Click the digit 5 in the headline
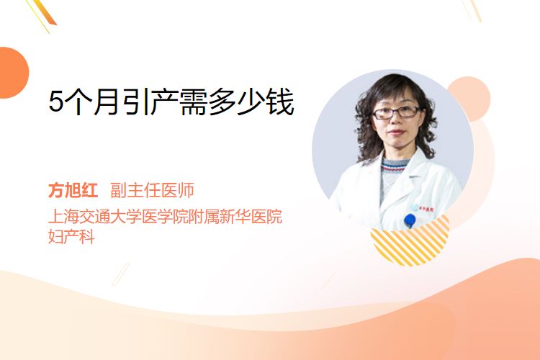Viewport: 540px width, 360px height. [x=56, y=102]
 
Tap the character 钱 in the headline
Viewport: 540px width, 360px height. [x=281, y=102]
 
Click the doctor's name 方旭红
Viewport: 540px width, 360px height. [x=73, y=190]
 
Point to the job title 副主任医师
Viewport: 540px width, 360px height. [x=152, y=190]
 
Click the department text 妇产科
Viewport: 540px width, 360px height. [x=71, y=236]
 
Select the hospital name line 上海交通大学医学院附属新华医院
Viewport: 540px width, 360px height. [x=166, y=216]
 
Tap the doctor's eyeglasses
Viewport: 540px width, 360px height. [x=396, y=112]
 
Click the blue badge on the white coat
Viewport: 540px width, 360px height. [x=410, y=220]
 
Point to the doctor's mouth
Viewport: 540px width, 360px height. [x=396, y=132]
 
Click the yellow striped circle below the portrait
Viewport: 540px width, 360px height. [x=410, y=243]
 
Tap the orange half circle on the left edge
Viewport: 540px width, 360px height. [x=14, y=73]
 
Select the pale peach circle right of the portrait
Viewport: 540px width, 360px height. [x=472, y=98]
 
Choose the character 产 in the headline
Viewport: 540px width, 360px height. [x=165, y=102]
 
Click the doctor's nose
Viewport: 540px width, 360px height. [x=396, y=120]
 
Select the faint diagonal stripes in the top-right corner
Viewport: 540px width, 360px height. [x=472, y=10]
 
